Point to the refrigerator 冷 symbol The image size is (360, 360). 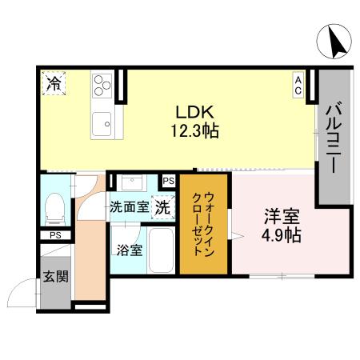pos(54,82)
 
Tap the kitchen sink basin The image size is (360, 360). pos(103,125)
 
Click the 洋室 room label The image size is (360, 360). pos(282,217)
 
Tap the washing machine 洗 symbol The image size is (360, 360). pos(162,206)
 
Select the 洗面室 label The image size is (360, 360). pos(129,206)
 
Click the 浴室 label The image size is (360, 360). pos(130,250)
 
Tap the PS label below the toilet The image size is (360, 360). pos(55,235)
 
